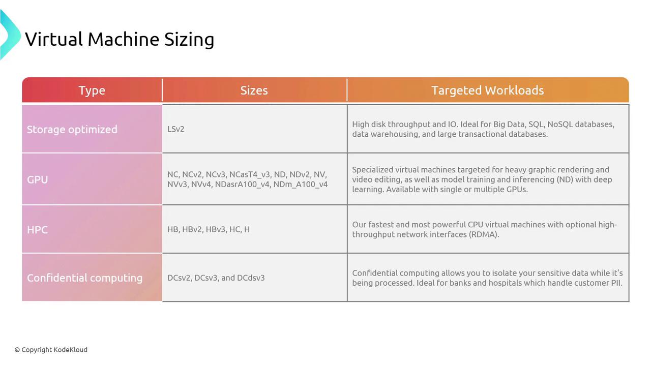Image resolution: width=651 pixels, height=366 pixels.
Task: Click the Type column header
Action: (x=92, y=90)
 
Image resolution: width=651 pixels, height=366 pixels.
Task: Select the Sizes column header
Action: (x=254, y=90)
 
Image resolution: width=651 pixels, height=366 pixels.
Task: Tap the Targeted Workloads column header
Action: (x=488, y=90)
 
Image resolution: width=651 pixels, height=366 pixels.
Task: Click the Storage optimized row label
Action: (x=72, y=129)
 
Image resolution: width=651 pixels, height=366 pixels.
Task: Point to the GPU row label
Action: (x=38, y=179)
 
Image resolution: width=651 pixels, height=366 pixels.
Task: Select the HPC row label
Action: (x=37, y=230)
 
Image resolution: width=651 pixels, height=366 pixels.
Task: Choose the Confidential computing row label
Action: (x=85, y=278)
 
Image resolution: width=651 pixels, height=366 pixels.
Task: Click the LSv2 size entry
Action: (x=176, y=129)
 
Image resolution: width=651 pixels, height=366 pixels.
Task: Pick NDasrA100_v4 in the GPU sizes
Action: (x=243, y=185)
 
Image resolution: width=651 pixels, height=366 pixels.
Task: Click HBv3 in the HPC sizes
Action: (x=216, y=229)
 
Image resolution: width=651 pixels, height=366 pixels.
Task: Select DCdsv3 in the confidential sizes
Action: (x=251, y=278)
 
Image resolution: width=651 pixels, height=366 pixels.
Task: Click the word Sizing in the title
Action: (x=189, y=40)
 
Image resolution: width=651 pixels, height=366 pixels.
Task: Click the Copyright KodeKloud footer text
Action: (x=51, y=350)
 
